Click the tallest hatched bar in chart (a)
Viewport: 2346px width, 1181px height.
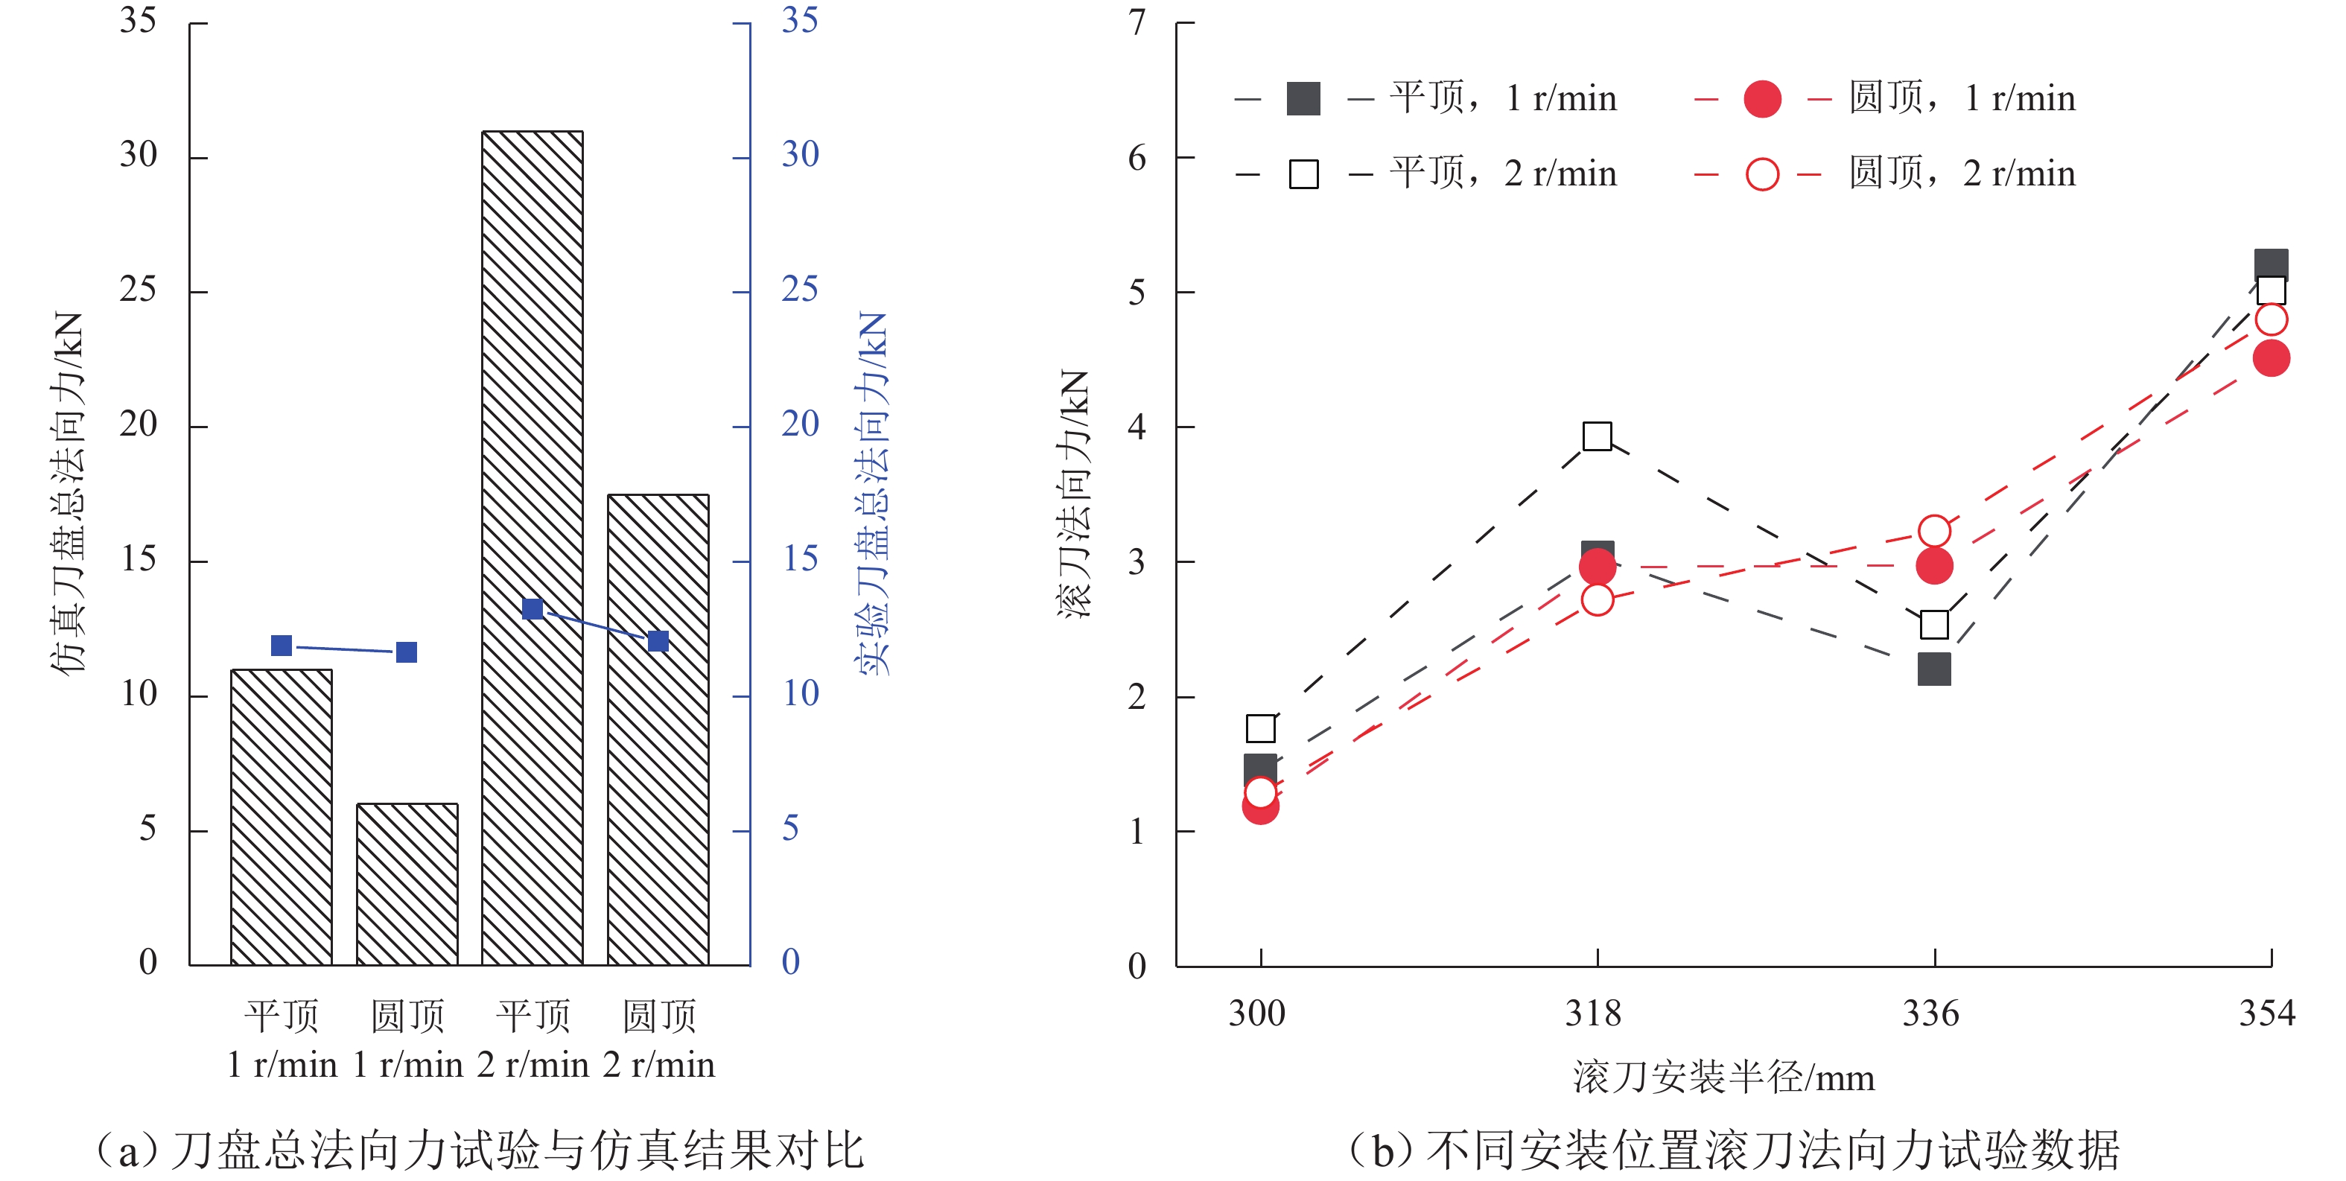click(532, 547)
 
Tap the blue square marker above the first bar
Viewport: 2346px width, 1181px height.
click(282, 646)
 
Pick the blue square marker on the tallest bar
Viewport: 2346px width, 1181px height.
click(533, 609)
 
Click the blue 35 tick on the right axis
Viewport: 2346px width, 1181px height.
click(800, 20)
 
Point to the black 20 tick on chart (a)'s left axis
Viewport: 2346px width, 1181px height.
click(138, 424)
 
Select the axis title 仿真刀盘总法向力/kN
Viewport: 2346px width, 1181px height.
click(67, 491)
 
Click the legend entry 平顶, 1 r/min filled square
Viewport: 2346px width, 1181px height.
click(1303, 98)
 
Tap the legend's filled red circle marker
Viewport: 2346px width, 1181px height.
click(1762, 98)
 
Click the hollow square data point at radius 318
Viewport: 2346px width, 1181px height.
click(1598, 436)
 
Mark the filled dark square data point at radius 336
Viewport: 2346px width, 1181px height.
click(1934, 669)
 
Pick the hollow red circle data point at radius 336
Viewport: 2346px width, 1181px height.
click(1934, 531)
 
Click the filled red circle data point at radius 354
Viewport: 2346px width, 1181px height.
click(2272, 358)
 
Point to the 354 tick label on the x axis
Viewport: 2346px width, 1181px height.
click(2267, 1013)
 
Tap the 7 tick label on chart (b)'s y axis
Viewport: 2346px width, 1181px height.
click(1137, 22)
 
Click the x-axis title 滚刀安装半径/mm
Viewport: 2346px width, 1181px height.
click(1723, 1078)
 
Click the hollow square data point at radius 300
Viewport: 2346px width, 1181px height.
click(1260, 728)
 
